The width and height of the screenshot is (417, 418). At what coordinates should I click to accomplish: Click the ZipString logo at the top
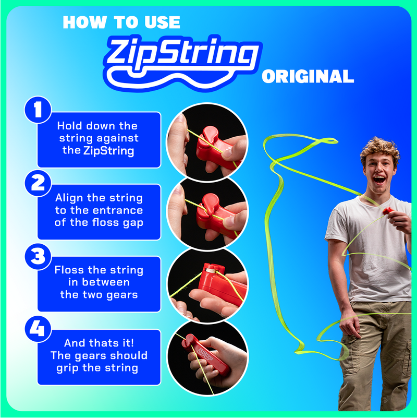pyautogui.click(x=182, y=56)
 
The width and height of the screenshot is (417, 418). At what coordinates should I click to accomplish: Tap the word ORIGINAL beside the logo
pyautogui.click(x=308, y=77)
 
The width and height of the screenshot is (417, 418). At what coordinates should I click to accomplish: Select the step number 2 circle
pyautogui.click(x=38, y=184)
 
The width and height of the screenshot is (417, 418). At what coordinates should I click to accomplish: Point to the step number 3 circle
pyautogui.click(x=38, y=257)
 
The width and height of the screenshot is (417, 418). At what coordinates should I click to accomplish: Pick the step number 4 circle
pyautogui.click(x=38, y=329)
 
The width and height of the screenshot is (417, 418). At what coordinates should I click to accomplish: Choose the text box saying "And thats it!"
pyautogui.click(x=99, y=355)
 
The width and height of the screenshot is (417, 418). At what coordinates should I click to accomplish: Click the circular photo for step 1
pyautogui.click(x=207, y=142)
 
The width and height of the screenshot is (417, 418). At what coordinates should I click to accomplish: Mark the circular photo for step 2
pyautogui.click(x=207, y=213)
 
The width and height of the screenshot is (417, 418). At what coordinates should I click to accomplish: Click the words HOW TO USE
pyautogui.click(x=121, y=22)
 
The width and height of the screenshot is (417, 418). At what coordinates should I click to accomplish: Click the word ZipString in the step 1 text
pyautogui.click(x=108, y=151)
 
